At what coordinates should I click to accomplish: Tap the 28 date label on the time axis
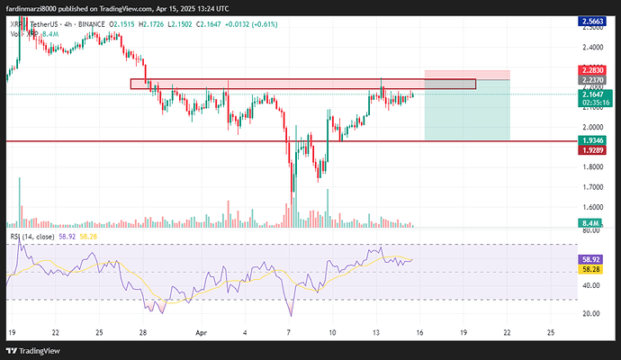tap(144, 331)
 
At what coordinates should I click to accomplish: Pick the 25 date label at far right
tap(551, 331)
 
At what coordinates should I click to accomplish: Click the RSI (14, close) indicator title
tap(33, 236)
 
